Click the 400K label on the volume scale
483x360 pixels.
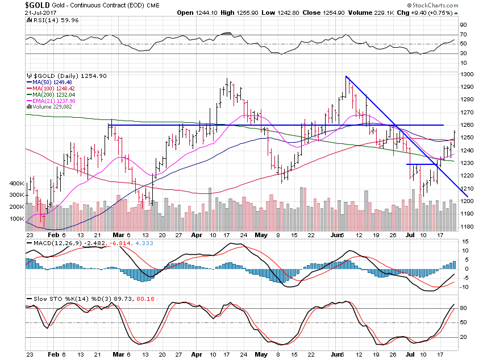point(16,184)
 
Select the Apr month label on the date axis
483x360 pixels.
point(197,234)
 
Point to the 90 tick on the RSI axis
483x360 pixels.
point(464,25)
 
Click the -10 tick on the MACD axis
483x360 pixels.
point(464,287)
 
